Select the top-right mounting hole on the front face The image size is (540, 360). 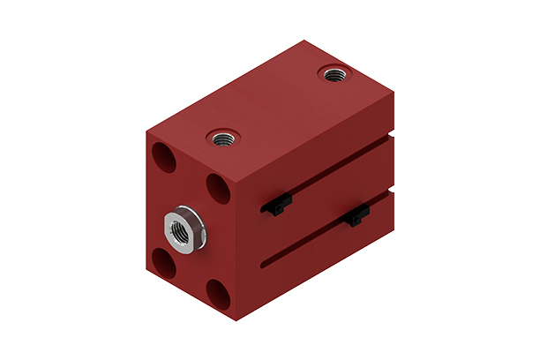click(217, 187)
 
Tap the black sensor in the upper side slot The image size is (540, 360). click(277, 206)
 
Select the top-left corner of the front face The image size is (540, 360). click(146, 130)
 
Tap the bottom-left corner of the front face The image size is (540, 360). click(146, 265)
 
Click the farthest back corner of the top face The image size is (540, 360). click(304, 41)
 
